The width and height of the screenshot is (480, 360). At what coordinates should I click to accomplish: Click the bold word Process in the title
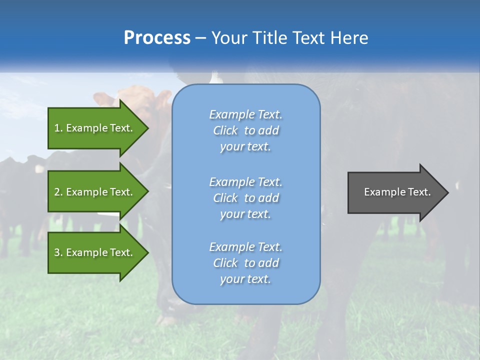[x=157, y=38]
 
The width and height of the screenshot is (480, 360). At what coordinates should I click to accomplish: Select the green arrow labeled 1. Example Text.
[x=95, y=128]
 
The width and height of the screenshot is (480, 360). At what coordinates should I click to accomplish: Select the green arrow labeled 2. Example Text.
[x=95, y=192]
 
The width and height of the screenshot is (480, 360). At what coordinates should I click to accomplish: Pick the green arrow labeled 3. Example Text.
[x=95, y=252]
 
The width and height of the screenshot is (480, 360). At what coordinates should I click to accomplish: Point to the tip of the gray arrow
[x=447, y=192]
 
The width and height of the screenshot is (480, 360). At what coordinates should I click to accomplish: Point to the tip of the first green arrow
[x=147, y=128]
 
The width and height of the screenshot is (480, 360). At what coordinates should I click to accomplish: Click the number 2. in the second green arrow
[x=58, y=192]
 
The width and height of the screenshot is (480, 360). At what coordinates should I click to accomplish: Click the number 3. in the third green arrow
[x=58, y=252]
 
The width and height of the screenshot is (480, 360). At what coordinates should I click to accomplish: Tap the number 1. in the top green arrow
[x=58, y=128]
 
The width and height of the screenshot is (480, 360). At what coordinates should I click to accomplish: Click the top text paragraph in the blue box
[x=245, y=130]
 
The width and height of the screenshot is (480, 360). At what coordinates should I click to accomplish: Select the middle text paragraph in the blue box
[x=245, y=198]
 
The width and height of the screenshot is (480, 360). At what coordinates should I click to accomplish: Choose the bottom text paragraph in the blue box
[x=245, y=263]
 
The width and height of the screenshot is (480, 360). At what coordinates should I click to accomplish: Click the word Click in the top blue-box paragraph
[x=225, y=130]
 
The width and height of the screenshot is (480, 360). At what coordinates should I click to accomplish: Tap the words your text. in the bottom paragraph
[x=245, y=279]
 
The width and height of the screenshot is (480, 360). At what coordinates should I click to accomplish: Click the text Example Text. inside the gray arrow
[x=397, y=192]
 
